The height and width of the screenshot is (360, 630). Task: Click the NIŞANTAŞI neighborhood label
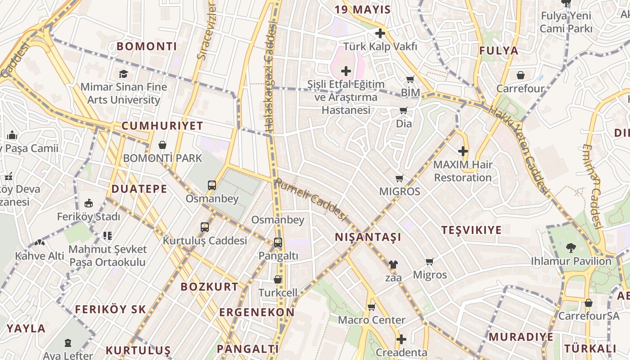click(368, 237)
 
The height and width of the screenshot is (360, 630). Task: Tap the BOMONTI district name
click(147, 46)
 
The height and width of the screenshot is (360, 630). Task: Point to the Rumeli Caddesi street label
click(311, 199)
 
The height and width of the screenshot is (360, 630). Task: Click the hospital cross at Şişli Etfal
click(346, 71)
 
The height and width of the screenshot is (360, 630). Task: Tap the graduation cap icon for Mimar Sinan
click(123, 74)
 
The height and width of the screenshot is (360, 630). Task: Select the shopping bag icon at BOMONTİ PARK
click(162, 145)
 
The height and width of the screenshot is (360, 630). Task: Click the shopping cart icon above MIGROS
click(399, 179)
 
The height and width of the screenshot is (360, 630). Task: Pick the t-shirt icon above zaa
click(393, 265)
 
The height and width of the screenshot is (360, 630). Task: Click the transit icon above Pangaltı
click(278, 243)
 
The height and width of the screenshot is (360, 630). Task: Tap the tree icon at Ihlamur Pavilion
click(571, 247)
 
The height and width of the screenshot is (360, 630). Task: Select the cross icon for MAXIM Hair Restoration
click(463, 151)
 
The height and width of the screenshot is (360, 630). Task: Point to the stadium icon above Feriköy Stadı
click(89, 203)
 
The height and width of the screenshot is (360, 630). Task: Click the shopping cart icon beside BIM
click(410, 80)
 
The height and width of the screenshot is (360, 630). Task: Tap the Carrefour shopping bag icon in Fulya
click(521, 75)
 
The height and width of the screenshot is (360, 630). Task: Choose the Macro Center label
click(372, 320)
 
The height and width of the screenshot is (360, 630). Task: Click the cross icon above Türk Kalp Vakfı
click(380, 33)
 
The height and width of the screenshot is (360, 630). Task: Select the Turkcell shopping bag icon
click(278, 279)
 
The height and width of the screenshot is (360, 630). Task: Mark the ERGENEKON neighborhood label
click(257, 312)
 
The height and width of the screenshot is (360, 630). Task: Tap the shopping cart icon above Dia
click(404, 110)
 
